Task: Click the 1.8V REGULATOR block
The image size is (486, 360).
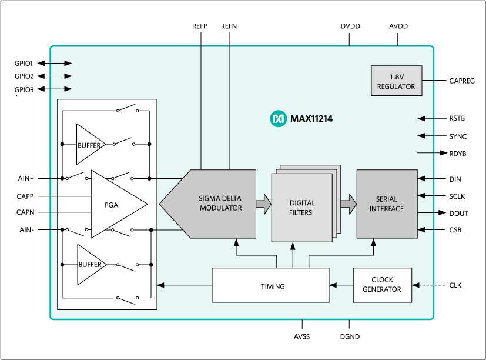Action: click(396, 81)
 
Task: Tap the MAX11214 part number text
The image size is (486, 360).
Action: click(311, 119)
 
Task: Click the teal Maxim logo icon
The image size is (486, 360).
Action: click(278, 119)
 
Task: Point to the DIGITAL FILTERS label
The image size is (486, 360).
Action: click(301, 208)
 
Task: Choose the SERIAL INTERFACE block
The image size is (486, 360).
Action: click(387, 204)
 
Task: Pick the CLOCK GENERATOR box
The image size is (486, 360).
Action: click(382, 285)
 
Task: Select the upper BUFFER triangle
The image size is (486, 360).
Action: click(89, 145)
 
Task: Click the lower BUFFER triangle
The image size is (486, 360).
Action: click(89, 264)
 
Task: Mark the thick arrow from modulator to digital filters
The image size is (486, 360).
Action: click(263, 204)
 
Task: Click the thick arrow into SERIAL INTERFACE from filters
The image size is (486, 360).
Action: click(348, 204)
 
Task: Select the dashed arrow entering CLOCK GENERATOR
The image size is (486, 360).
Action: click(423, 285)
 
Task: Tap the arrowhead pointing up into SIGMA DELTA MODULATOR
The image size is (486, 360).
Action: click(236, 242)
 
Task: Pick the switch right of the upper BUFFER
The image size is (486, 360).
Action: click(123, 142)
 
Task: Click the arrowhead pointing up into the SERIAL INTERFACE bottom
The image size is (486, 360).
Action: click(373, 242)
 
